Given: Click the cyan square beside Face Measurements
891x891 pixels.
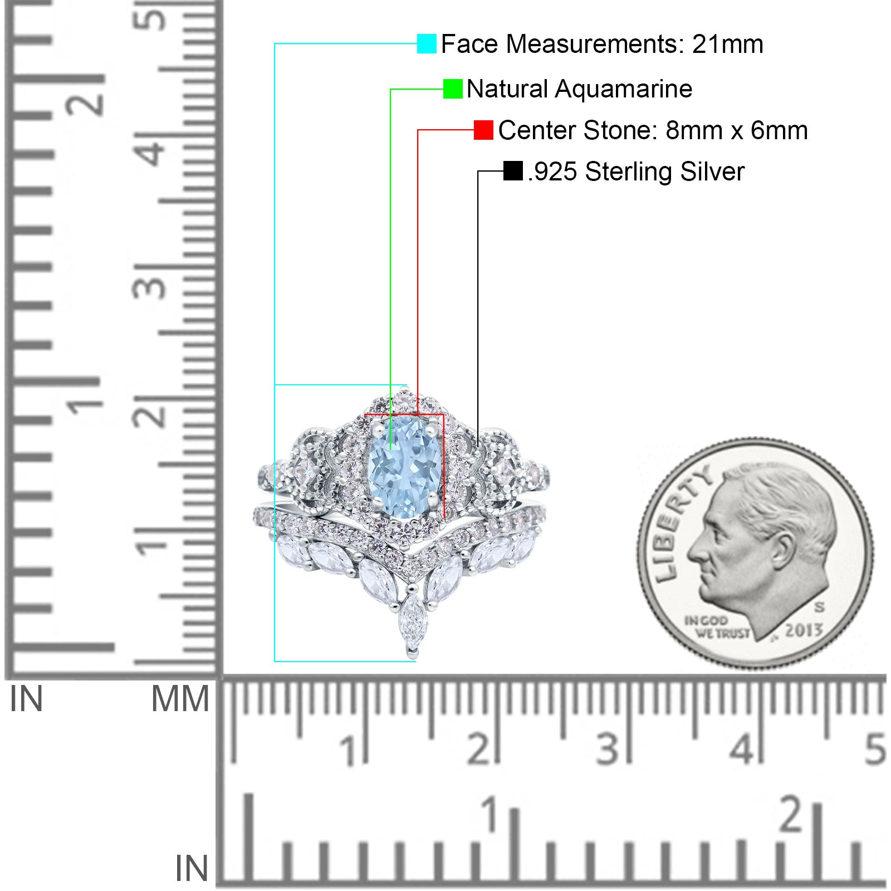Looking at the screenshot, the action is (x=427, y=43).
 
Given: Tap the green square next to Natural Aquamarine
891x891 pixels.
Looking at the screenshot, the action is (x=453, y=89).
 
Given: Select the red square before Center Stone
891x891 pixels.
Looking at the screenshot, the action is (x=483, y=130).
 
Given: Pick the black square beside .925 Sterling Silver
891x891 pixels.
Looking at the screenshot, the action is (x=512, y=171).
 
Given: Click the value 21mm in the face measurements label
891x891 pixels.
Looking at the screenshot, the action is (x=727, y=44).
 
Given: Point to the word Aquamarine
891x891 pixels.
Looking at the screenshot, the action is (x=623, y=89).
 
